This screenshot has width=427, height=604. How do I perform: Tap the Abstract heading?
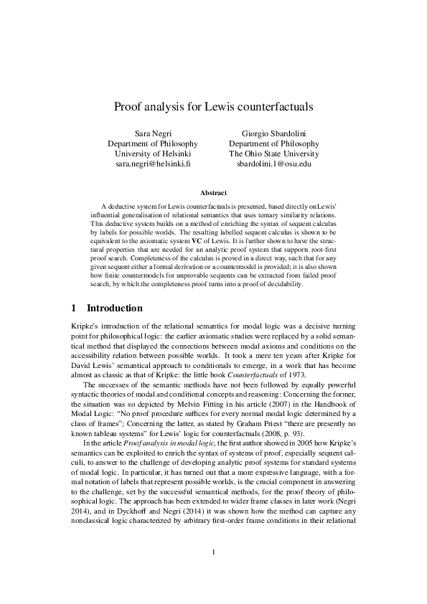point(213,192)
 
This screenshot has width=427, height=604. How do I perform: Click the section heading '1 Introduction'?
point(107,308)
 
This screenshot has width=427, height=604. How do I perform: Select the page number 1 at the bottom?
point(213,552)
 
